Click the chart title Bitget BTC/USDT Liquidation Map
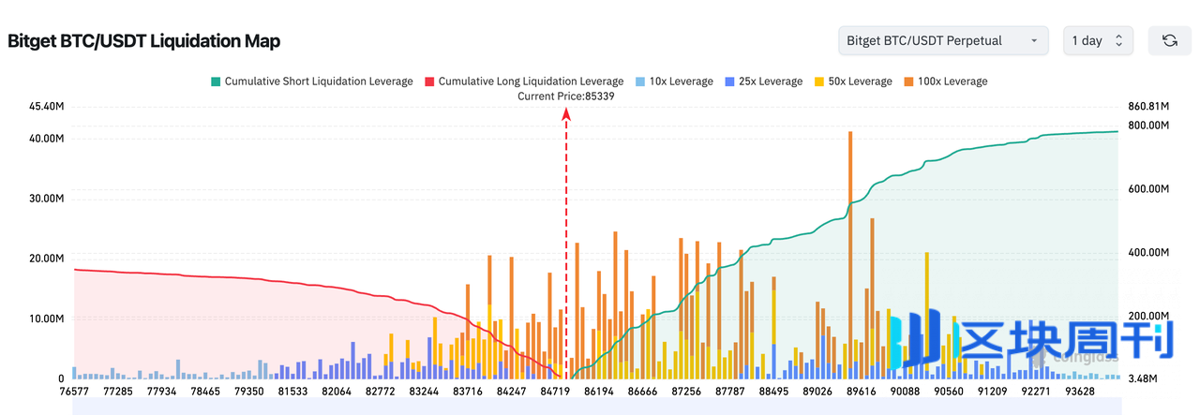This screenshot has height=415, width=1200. [143, 41]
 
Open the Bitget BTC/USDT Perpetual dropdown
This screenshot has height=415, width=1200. [943, 40]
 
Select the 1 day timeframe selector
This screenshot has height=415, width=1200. [1098, 40]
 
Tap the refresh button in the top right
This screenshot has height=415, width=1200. [1169, 40]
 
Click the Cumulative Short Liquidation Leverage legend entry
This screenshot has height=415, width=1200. [311, 82]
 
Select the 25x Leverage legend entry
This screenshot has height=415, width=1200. [763, 82]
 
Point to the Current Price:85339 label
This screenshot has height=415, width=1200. [566, 96]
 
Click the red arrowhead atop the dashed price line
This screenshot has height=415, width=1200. [566, 113]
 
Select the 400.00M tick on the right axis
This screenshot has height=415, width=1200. [1146, 253]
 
